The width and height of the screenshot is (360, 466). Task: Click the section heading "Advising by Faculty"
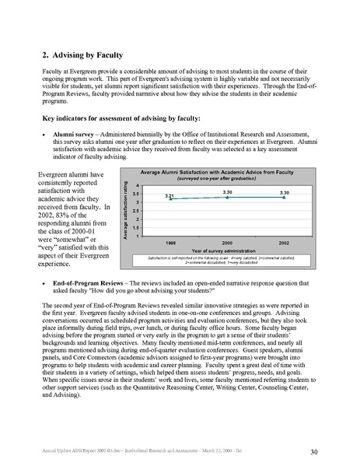coord(88,55)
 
